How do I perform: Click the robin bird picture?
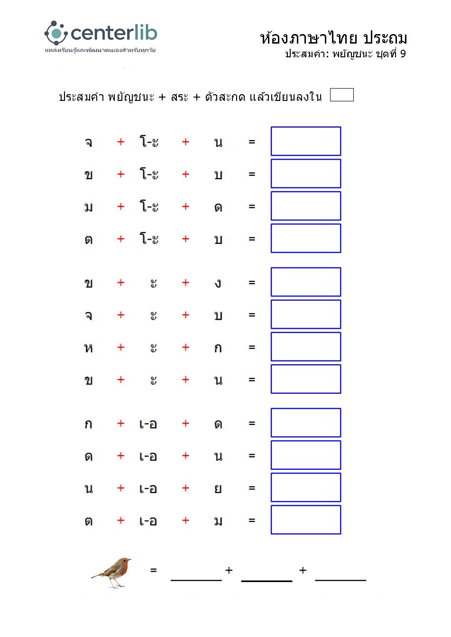tap(112, 572)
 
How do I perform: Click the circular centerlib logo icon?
tap(56, 33)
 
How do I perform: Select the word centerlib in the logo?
tap(114, 33)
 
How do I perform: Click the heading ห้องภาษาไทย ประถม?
tap(333, 38)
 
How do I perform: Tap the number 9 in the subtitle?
tap(403, 54)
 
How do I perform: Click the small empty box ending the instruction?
tap(341, 95)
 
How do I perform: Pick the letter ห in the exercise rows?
tap(88, 348)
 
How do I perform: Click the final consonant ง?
tap(218, 283)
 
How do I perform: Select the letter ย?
tap(218, 489)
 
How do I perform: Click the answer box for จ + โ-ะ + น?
tap(305, 141)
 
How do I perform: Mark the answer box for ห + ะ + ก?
tap(305, 347)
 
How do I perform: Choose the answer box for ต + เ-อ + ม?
tap(305, 520)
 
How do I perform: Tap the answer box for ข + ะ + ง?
tap(305, 282)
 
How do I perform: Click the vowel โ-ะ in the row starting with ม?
tap(149, 206)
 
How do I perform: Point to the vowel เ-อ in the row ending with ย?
tap(148, 489)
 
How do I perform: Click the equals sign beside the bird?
tap(153, 570)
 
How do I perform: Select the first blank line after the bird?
tap(196, 579)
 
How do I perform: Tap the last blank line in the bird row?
tap(341, 579)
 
